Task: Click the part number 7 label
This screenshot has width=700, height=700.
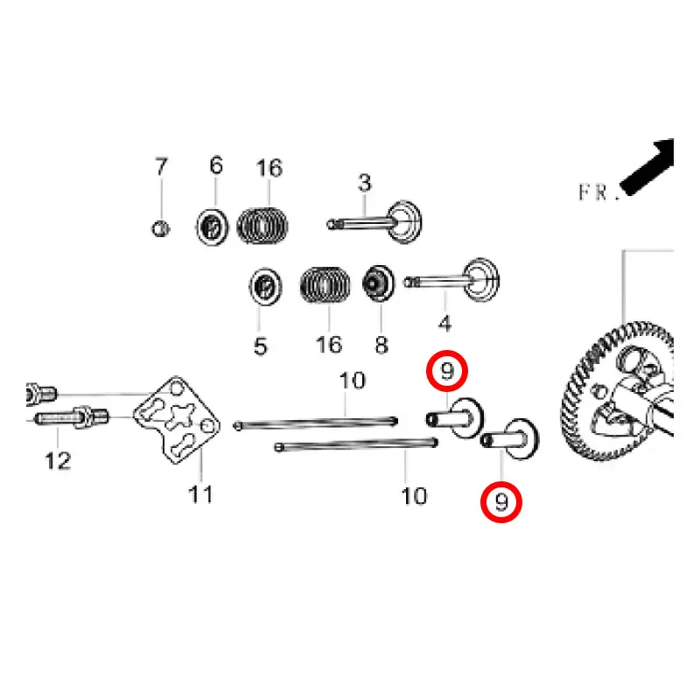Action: tap(161, 166)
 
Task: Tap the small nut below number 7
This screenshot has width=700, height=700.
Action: tap(160, 229)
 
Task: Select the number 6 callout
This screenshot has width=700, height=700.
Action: tap(216, 165)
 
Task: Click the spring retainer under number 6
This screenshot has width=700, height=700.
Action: tap(212, 227)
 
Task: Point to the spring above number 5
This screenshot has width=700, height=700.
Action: tap(325, 284)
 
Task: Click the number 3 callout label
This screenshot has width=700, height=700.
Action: tap(364, 183)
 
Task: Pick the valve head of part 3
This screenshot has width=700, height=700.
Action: tap(404, 222)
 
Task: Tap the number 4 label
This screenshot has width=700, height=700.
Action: tap(444, 323)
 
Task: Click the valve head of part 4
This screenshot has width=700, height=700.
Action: tap(481, 280)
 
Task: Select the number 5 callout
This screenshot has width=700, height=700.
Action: tap(260, 346)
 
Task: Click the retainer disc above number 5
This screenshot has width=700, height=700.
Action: tap(265, 287)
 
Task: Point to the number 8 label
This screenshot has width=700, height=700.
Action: tap(381, 345)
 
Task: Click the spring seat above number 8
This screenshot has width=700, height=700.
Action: tap(379, 283)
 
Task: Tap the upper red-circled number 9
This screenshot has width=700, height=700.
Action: tap(447, 371)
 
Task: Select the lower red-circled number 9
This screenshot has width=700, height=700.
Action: tap(500, 502)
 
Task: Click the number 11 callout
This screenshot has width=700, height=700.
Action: tap(200, 494)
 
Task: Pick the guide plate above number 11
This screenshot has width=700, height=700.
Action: tap(178, 420)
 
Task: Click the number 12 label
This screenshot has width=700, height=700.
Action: tap(58, 461)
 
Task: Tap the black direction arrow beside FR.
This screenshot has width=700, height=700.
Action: tap(647, 167)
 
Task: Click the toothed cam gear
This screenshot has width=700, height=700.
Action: tap(618, 390)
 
